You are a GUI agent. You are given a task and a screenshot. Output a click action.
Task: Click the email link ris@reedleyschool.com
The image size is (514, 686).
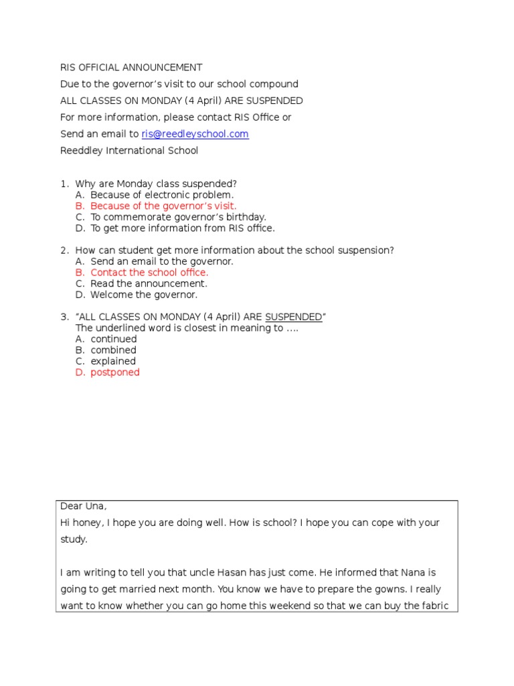click(195, 134)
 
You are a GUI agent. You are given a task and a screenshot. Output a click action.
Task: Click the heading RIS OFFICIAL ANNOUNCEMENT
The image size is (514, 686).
click(131, 68)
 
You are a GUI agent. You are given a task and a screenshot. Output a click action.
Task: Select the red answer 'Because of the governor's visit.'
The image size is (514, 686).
click(163, 206)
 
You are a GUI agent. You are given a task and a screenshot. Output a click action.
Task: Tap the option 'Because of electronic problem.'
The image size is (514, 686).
click(162, 195)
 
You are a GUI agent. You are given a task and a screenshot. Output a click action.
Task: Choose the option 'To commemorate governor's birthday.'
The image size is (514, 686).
click(178, 217)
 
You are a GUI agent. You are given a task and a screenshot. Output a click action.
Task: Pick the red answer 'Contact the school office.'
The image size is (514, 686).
click(149, 273)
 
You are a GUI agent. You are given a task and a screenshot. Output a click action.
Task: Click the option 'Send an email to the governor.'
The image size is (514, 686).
click(162, 261)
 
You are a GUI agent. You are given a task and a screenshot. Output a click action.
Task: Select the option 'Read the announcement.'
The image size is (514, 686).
click(149, 283)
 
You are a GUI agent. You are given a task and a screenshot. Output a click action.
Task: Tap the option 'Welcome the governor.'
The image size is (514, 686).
click(144, 295)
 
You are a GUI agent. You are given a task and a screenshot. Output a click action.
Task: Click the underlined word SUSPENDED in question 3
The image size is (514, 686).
click(294, 317)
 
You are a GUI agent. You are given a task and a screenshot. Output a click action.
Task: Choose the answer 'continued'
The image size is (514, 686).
click(114, 339)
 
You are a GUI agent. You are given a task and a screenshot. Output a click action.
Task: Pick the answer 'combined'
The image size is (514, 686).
click(113, 350)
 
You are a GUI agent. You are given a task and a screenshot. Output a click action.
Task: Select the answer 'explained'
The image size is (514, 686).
click(113, 361)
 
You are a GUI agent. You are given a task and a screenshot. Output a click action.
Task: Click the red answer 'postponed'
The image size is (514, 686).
click(115, 372)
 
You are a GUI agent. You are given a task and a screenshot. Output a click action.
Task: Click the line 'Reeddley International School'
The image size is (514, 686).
click(129, 151)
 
